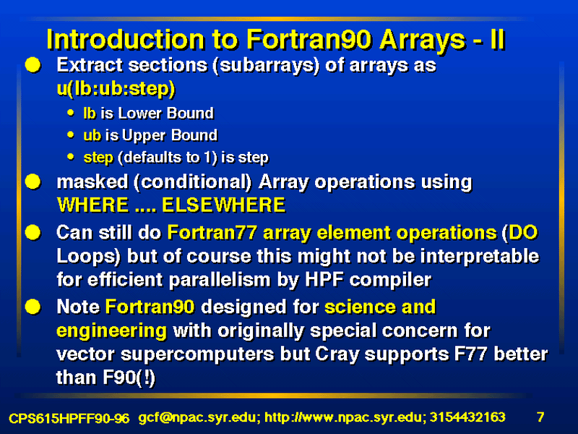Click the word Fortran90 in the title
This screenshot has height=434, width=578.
tap(309, 39)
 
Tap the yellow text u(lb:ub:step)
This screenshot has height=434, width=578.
tap(116, 88)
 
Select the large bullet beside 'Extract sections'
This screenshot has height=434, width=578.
tap(33, 65)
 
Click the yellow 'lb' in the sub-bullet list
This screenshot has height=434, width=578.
tap(90, 113)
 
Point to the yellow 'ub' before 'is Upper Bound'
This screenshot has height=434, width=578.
tap(92, 135)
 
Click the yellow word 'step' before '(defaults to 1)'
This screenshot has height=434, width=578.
tap(98, 158)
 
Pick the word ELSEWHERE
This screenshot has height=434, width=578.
tap(224, 205)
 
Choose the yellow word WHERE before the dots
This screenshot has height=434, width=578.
tap(93, 205)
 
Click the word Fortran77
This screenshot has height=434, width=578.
tap(212, 232)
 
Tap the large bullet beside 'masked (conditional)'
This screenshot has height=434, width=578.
tap(33, 182)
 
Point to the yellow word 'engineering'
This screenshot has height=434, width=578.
tap(112, 331)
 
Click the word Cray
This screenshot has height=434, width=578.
tap(337, 354)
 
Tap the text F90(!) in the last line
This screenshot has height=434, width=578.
tap(105, 378)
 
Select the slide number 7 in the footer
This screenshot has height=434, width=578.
tap(540, 417)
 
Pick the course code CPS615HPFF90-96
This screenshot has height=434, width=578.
tap(69, 418)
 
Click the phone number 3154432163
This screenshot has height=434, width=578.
tap(467, 417)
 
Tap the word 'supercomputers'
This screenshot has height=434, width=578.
tap(197, 354)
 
